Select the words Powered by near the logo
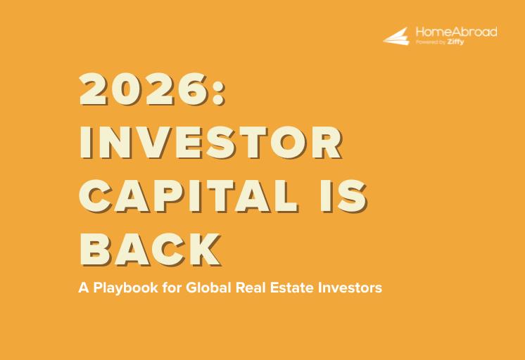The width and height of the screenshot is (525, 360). (x=429, y=42)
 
